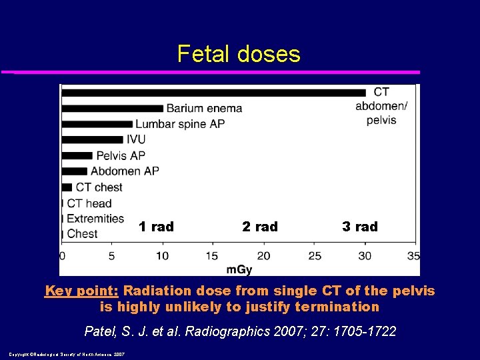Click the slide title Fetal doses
[239, 54]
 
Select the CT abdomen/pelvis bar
[213, 92]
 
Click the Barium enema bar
[112, 108]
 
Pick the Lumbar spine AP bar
[97, 124]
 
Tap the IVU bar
[92, 139]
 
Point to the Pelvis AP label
[121, 155]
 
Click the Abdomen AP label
[125, 171]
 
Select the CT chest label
[99, 187]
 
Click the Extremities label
[95, 218]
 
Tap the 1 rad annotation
[156, 227]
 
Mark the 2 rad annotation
[260, 227]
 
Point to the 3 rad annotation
[360, 227]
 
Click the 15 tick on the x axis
[212, 255]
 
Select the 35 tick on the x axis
[413, 255]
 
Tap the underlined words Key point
[81, 291]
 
